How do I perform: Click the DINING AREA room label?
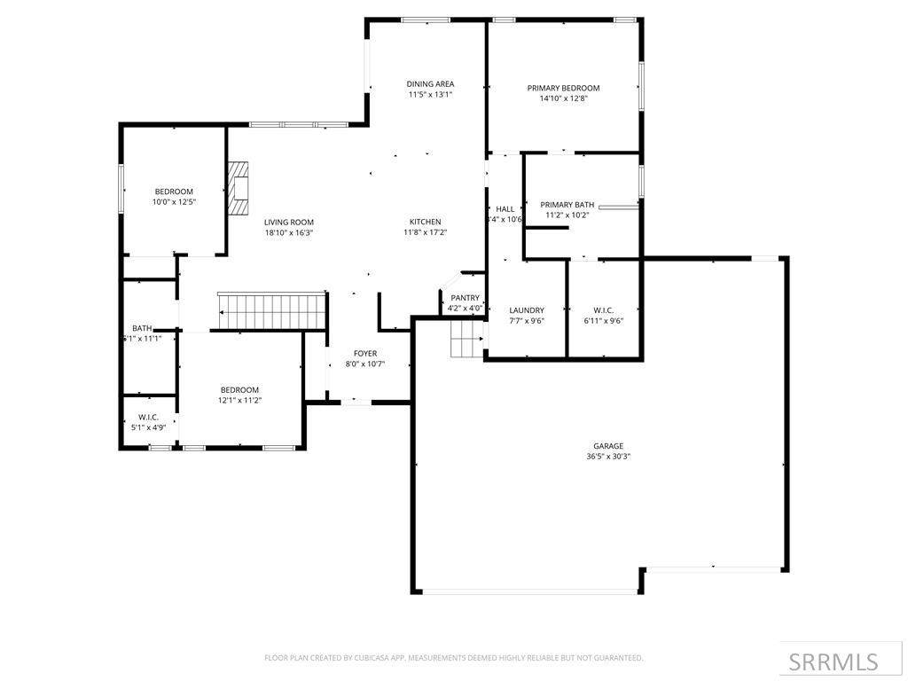(x=430, y=84)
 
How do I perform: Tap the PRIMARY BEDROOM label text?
(x=563, y=88)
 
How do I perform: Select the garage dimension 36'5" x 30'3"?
(x=608, y=457)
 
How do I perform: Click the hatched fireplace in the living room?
(x=238, y=188)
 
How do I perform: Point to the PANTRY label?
(x=465, y=298)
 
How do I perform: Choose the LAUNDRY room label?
(x=527, y=310)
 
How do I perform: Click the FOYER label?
(x=365, y=353)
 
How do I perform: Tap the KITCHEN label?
(x=426, y=222)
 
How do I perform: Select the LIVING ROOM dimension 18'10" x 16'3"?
(x=289, y=233)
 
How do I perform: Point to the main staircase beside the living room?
(x=271, y=311)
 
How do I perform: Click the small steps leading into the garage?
(x=467, y=339)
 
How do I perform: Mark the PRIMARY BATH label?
(x=567, y=205)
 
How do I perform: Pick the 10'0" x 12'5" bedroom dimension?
(x=174, y=202)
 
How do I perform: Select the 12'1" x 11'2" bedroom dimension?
(x=239, y=400)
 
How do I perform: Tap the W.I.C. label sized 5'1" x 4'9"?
(x=149, y=417)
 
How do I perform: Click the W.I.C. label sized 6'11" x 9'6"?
(x=604, y=310)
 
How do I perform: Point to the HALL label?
(x=505, y=209)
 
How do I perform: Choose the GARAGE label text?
(x=608, y=446)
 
